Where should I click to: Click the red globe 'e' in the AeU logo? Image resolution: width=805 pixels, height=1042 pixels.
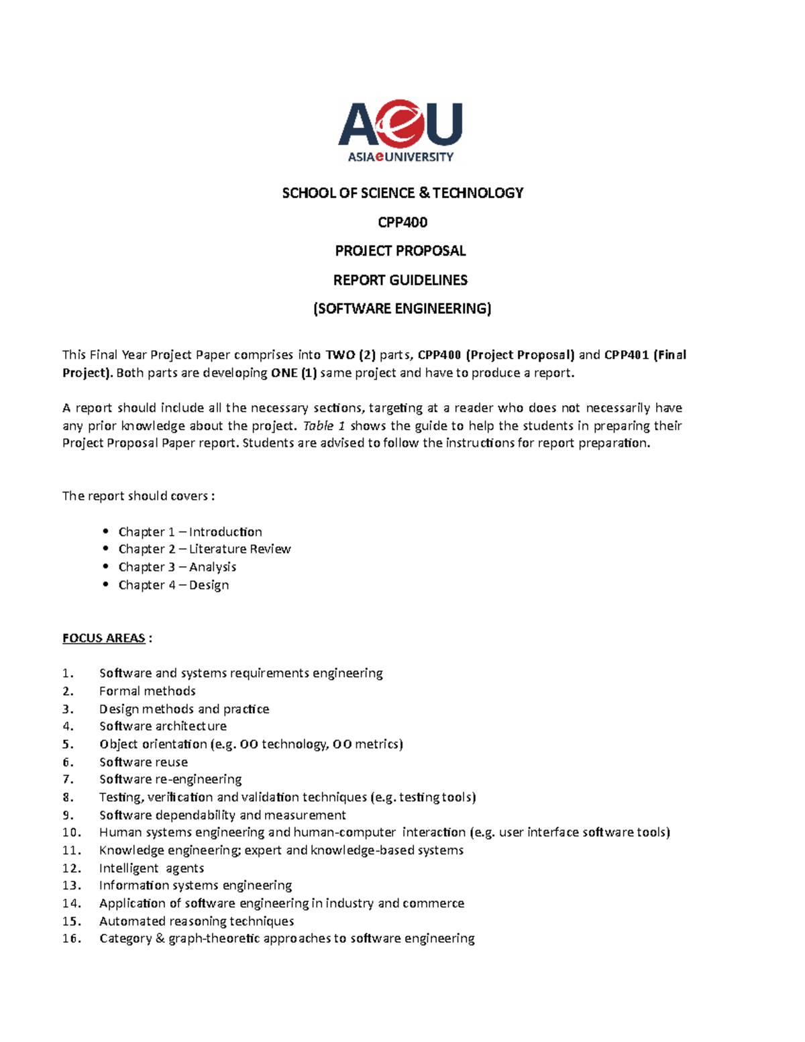pos(400,123)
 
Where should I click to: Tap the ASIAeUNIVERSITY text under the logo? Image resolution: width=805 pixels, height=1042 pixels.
pos(400,157)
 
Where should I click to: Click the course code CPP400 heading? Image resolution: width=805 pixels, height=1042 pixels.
pos(402,222)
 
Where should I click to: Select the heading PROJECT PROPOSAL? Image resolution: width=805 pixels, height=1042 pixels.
pos(400,251)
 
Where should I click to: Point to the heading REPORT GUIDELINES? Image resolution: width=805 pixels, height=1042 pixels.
pos(400,280)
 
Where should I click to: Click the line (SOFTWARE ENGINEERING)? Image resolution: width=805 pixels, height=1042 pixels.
pos(402,309)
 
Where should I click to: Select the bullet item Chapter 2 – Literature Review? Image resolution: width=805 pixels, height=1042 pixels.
pos(205,549)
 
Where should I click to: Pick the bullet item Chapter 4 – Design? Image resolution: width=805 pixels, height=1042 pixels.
pos(174,585)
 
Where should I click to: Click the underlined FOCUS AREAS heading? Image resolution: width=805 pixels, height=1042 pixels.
pos(103,638)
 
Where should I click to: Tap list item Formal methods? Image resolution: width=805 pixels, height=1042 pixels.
pos(148,691)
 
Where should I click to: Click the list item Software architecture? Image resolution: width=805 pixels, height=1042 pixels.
pos(163,726)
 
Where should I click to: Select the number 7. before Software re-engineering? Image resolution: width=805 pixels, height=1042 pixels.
pos(68,779)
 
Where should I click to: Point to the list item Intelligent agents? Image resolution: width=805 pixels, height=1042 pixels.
pos(152,868)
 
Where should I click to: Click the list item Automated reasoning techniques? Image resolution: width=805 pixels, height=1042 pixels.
pos(197,921)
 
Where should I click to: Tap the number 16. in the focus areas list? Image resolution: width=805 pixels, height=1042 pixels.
pos(72,939)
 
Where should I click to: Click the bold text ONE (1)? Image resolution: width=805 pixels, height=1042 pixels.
pos(294,373)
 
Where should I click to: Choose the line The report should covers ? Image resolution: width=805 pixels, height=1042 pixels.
pos(138,496)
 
